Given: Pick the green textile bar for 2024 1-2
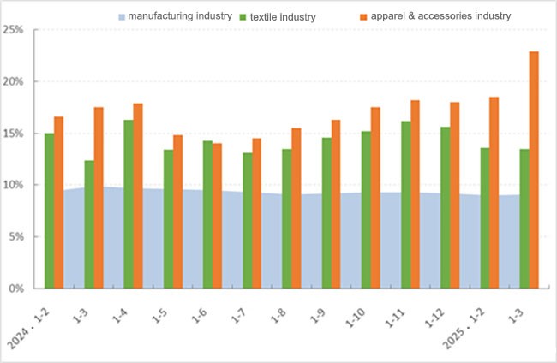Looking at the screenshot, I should (x=50, y=211).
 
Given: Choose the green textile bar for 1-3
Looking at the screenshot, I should (x=89, y=224).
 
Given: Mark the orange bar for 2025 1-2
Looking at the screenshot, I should (x=494, y=193).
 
